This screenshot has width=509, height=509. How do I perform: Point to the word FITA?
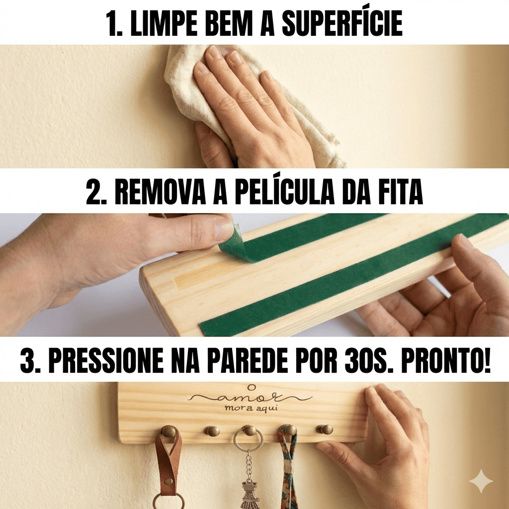click(x=401, y=192)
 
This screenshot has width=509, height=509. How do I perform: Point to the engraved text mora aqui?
click(x=251, y=409)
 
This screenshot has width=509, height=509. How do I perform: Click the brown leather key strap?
click(x=168, y=461)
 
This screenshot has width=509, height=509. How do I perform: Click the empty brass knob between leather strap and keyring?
click(x=212, y=431)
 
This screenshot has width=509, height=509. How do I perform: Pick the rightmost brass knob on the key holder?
click(x=325, y=429)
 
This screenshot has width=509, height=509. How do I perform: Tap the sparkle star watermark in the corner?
click(x=481, y=481)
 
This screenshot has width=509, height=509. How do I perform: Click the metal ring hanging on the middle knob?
click(x=235, y=441)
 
